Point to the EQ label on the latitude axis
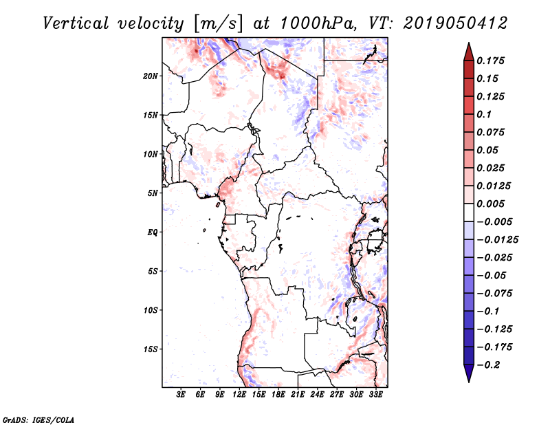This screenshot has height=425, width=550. coord(153,232)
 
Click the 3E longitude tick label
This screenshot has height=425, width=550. coord(181,395)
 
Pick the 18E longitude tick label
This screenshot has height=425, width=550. coord(278,395)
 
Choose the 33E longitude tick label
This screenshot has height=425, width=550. coord(375,395)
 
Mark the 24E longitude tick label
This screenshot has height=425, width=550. coord(317,395)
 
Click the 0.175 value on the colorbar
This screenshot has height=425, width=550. coord(492,61)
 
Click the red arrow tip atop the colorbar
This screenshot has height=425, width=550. coord(467,49)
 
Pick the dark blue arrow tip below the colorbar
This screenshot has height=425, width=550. coord(467,375)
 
